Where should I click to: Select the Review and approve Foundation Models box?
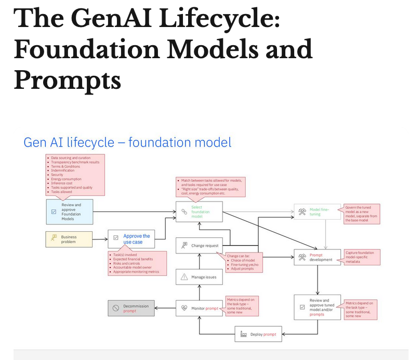pos(69,211)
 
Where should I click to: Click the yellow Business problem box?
pos(69,239)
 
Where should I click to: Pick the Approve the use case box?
pos(131,239)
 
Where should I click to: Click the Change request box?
pos(199,245)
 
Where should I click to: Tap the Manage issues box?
pos(199,277)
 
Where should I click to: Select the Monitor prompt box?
pos(199,308)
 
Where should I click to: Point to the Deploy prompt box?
pos(258,334)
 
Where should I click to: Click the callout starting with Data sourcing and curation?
pos(75,174)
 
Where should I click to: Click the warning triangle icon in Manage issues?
pos(184,277)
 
